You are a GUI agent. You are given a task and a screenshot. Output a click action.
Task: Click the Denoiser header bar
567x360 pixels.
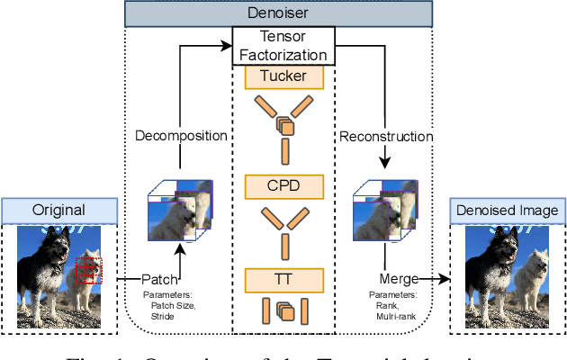[x=283, y=13]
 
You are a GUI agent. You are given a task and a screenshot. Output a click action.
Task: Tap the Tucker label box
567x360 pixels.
[x=283, y=77]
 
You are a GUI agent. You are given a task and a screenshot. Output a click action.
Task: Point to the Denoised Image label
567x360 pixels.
[x=509, y=211]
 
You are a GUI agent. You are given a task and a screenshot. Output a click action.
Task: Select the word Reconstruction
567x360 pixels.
[x=387, y=137]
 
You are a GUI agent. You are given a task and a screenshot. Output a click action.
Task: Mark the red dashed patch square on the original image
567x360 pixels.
[x=90, y=269]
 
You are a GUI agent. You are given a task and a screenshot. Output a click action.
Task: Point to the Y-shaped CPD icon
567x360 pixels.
[x=283, y=229]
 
